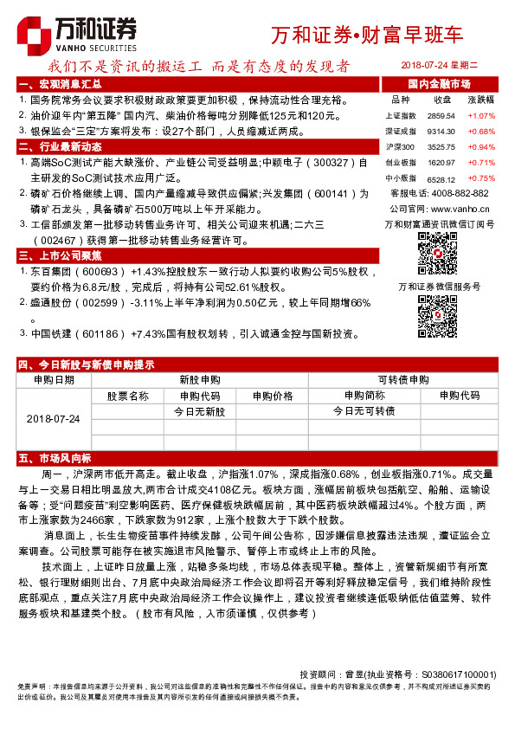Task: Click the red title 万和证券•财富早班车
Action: point(367,35)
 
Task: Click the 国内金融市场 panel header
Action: point(439,84)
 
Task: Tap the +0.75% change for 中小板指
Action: point(480,177)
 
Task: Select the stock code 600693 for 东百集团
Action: point(102,271)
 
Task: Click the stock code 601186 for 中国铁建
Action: point(102,333)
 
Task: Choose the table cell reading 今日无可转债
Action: point(364,411)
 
